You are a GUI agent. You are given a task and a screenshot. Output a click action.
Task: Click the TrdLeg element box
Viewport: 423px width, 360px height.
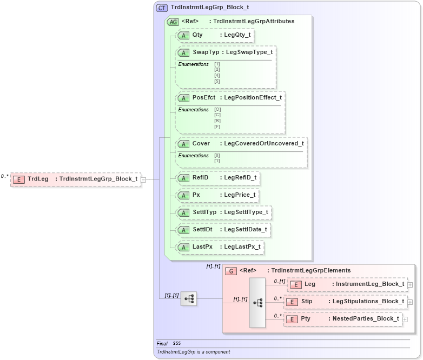point(76,179)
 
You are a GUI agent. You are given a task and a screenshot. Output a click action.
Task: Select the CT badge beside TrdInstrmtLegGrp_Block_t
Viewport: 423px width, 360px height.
point(162,8)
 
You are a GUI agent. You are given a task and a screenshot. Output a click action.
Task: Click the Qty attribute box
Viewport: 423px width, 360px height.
point(215,35)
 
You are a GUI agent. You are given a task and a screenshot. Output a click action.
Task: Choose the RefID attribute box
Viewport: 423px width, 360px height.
point(219,177)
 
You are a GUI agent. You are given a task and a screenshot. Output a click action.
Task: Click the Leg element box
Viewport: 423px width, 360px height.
point(346,284)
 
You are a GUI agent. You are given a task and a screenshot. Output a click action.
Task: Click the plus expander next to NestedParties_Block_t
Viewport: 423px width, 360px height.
point(405,319)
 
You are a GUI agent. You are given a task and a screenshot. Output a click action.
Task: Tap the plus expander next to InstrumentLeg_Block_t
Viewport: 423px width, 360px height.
point(410,284)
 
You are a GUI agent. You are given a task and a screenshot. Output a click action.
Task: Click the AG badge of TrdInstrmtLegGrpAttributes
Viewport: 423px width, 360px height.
point(173,22)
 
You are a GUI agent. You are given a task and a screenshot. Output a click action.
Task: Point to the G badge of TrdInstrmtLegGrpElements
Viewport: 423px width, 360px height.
point(231,271)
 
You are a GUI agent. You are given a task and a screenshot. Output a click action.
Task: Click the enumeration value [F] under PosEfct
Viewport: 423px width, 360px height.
point(217,126)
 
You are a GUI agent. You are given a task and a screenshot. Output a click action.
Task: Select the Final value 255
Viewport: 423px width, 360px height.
point(177,343)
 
